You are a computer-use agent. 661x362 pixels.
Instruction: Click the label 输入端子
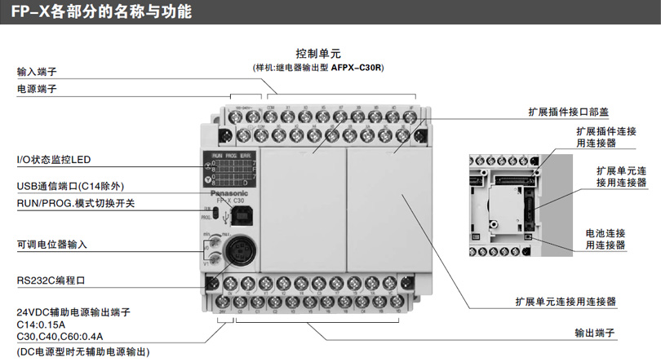pyautogui.click(x=36, y=70)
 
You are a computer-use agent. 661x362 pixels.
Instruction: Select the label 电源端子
pyautogui.click(x=36, y=88)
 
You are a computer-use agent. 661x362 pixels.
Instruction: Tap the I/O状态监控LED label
pyautogui.click(x=54, y=159)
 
